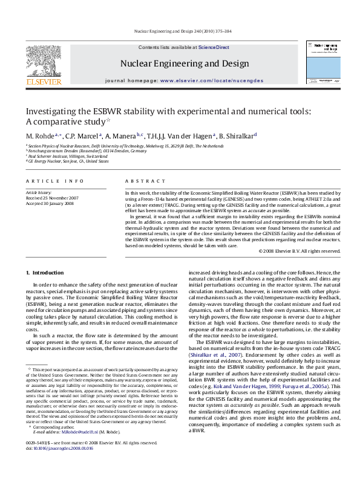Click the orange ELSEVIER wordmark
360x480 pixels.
43,81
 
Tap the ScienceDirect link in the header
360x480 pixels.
214,47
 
